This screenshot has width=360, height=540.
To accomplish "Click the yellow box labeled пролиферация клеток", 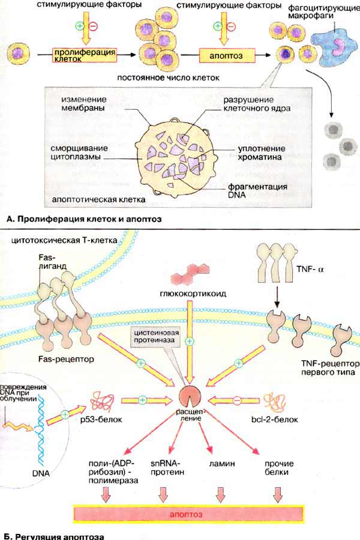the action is tap(84, 55).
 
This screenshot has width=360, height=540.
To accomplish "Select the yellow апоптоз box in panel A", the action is tap(227, 55).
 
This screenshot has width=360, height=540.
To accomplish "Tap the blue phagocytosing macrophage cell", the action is tap(335, 46).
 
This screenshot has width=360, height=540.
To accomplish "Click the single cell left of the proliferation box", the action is tap(17, 54).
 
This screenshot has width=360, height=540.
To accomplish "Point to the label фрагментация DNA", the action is tap(252, 190).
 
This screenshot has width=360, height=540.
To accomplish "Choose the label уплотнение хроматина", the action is tap(262, 153).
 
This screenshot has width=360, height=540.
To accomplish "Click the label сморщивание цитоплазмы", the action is tap(79, 152).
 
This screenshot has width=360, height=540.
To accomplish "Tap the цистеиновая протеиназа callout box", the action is tap(157, 337).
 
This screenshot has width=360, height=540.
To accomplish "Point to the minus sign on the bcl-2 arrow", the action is tap(236, 400).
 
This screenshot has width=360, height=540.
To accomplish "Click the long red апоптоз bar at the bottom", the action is tap(189, 515).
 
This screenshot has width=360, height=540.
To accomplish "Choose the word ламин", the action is tap(222, 464).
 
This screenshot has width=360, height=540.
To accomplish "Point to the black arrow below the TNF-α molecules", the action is tap(276, 298).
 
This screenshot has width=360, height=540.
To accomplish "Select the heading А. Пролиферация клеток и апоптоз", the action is tap(84, 218).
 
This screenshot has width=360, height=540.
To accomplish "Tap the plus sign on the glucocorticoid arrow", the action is tap(189, 341).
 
